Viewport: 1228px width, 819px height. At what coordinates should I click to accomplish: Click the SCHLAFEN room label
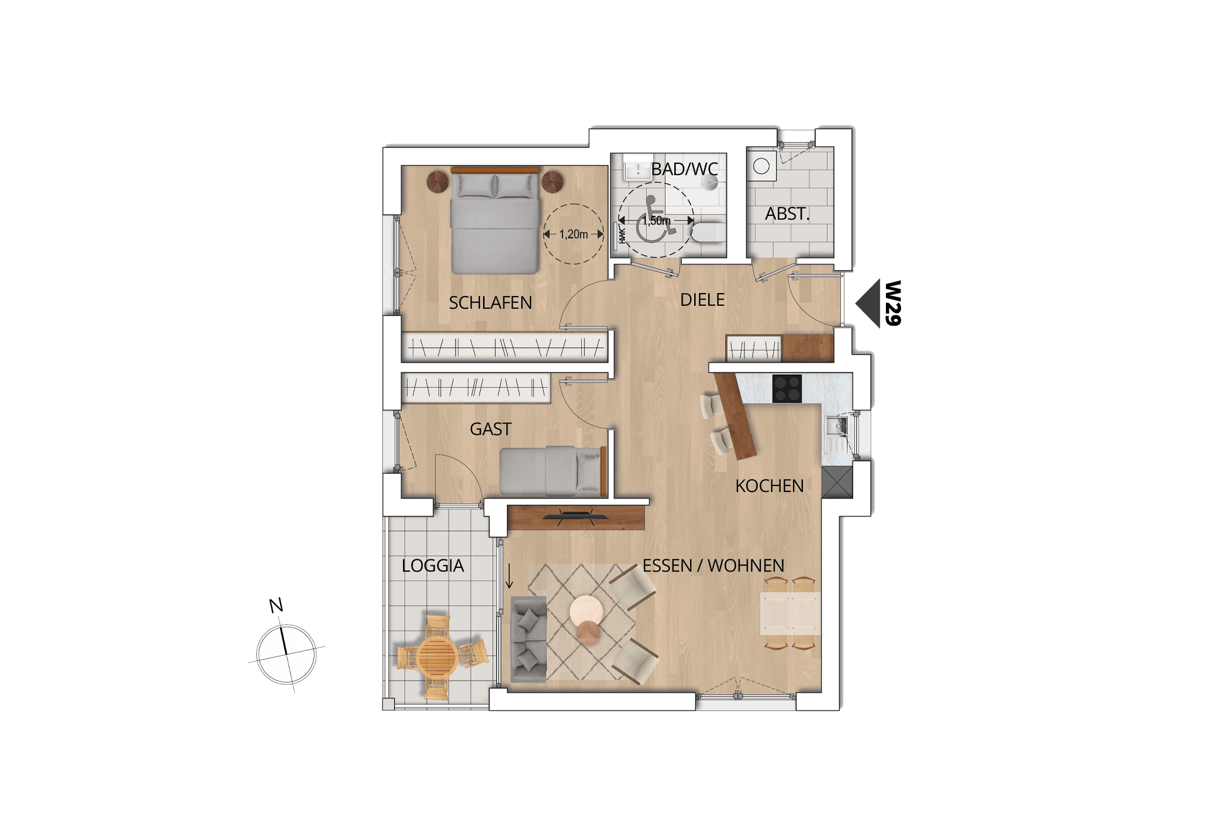point(490,302)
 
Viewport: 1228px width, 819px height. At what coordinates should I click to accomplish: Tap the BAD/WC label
point(684,169)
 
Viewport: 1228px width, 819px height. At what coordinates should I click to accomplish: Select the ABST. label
point(787,214)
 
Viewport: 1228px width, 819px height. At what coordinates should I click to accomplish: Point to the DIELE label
point(702,300)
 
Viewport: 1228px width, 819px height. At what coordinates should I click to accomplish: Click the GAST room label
point(490,429)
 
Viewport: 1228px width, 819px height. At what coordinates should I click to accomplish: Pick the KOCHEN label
point(769,486)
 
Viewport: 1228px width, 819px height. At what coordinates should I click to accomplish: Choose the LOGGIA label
point(433,566)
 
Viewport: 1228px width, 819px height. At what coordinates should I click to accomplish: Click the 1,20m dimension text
point(573,235)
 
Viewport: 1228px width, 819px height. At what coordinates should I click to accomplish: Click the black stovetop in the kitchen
point(787,388)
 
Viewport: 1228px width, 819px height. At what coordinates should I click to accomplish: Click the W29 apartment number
point(893,303)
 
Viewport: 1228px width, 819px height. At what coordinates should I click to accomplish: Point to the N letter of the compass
point(276,605)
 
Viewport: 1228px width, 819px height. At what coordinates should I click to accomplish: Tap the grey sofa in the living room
point(528,639)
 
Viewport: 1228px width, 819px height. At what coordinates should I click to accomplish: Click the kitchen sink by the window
point(836,426)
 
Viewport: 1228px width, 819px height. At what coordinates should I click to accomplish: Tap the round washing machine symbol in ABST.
point(761,166)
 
